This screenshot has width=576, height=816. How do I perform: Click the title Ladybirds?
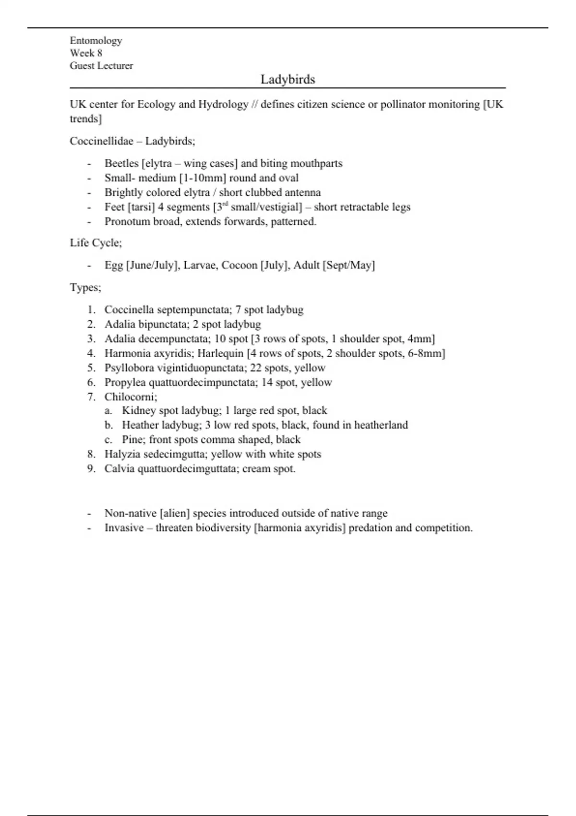click(x=288, y=79)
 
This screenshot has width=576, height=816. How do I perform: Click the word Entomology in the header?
click(x=96, y=40)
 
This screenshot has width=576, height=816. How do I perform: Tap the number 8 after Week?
click(x=99, y=53)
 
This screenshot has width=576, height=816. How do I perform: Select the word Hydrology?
click(x=223, y=104)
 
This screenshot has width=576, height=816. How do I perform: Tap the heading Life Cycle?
click(x=96, y=243)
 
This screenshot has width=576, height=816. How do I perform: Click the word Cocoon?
click(x=239, y=265)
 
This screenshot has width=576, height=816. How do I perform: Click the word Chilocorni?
click(x=131, y=397)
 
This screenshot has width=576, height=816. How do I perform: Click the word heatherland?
click(x=381, y=425)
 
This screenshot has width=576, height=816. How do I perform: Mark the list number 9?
click(x=91, y=468)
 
